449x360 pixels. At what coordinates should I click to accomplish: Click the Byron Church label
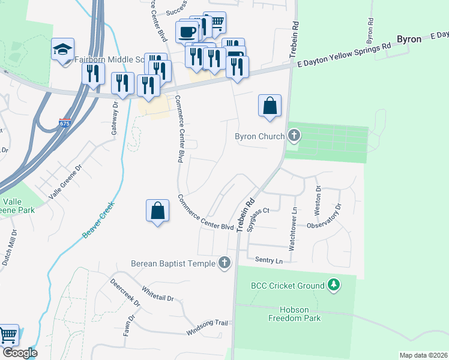[259, 136]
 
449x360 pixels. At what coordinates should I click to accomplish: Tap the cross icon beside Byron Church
[294, 136]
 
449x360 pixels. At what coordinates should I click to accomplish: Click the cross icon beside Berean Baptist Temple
[224, 262]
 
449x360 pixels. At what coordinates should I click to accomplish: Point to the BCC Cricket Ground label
[288, 286]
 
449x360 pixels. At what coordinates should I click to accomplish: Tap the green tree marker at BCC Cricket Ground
[334, 285]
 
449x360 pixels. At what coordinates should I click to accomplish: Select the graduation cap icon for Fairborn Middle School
[62, 50]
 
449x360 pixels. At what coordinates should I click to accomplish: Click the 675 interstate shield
[64, 124]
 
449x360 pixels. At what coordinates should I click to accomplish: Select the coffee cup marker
[187, 31]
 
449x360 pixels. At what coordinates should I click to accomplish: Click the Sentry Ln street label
[268, 260]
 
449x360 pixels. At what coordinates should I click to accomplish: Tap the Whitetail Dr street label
[157, 294]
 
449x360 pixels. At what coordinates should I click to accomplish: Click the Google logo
[19, 353]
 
